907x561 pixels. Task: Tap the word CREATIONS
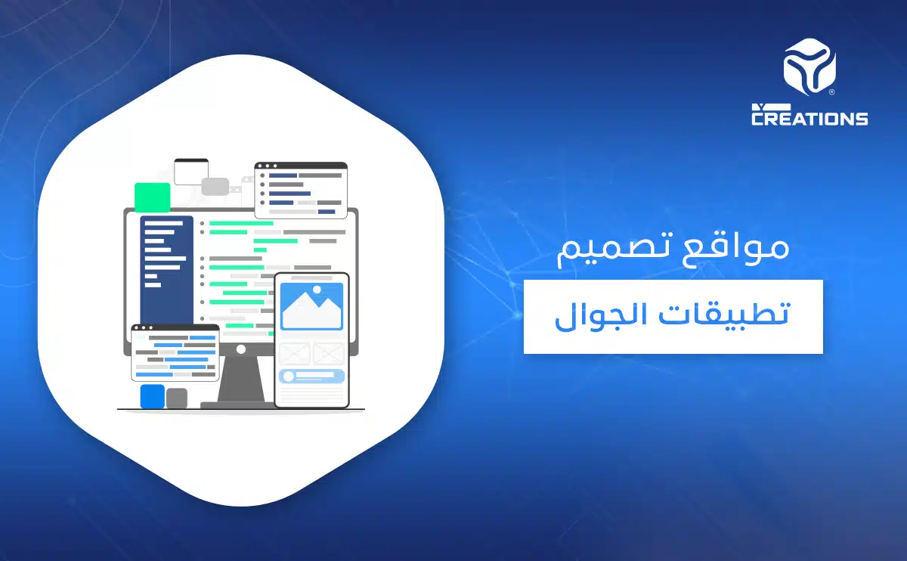[x=809, y=118]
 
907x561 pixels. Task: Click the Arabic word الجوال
[x=593, y=316]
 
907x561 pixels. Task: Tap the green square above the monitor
[x=152, y=197]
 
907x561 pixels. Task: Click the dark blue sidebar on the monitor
[x=166, y=272]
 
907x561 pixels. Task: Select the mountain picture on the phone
[x=311, y=306]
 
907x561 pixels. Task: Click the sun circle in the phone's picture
[x=317, y=289]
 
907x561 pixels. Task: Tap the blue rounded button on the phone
[x=311, y=376]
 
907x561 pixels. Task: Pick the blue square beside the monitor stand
[x=152, y=395]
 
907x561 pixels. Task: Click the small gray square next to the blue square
[x=176, y=398]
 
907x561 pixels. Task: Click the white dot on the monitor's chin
[x=240, y=349]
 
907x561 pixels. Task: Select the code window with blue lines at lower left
[x=175, y=352]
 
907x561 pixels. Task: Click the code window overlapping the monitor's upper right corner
[x=301, y=190]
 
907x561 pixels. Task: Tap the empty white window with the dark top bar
[x=190, y=172]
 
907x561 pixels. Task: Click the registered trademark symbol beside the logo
[x=831, y=92]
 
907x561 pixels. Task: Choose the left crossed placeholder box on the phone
[x=295, y=353]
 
